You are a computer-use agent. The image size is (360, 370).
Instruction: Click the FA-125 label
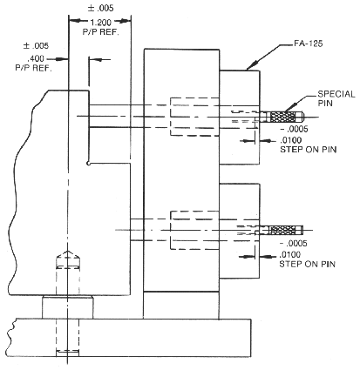coord(308,44)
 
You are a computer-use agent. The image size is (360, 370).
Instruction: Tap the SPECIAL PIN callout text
coord(336,98)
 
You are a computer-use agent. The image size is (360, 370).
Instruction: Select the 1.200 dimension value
coord(100,23)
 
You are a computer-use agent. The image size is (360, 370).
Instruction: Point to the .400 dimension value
coord(36,59)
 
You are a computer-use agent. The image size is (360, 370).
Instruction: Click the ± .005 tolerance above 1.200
coord(100,8)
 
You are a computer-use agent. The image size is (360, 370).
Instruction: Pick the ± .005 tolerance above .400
coord(36,45)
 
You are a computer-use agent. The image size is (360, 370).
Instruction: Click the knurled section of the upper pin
coord(282,117)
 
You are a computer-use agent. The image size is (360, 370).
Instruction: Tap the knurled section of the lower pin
coord(282,230)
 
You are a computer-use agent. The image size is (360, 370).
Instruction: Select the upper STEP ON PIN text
coord(308,150)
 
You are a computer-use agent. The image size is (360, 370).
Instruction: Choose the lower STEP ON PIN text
coord(308,264)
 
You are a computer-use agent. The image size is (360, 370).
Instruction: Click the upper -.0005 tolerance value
coord(293,129)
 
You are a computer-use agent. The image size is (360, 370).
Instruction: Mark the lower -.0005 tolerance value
coord(293,243)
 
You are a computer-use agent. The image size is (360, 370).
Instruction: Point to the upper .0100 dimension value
coord(291,140)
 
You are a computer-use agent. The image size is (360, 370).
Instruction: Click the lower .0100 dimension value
coord(290,255)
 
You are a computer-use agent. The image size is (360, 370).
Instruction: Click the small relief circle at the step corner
coord(89,164)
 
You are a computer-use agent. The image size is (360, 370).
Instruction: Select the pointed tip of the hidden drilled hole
coord(68,251)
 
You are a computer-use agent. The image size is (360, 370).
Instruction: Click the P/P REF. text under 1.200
coord(101,32)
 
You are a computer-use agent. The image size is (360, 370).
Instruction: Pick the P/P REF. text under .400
coord(33,69)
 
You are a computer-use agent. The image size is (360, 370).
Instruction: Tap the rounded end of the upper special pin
coord(302,117)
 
